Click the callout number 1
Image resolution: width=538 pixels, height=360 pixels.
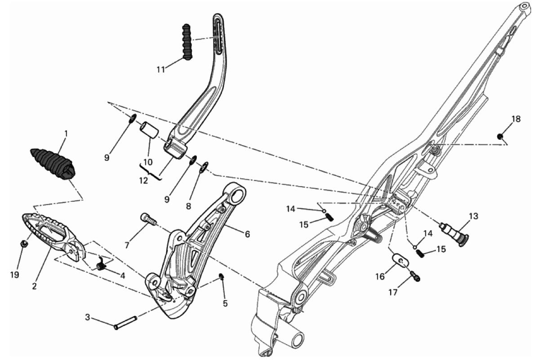click(66, 133)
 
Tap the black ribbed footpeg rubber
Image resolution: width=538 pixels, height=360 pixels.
click(53, 164)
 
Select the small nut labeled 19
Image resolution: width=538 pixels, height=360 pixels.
click(24, 244)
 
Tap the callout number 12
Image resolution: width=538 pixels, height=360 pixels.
click(144, 180)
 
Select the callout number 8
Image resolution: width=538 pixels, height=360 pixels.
click(188, 206)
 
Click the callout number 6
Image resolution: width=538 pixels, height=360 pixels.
click(247, 234)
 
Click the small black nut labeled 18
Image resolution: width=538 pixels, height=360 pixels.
click(500, 137)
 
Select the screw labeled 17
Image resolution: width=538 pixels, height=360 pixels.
click(415, 275)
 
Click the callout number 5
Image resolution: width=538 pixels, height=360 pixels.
click(225, 303)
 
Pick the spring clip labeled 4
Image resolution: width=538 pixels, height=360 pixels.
click(101, 265)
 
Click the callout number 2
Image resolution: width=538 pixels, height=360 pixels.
click(34, 286)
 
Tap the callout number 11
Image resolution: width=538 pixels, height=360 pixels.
click(161, 69)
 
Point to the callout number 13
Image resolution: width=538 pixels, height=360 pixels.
click(473, 216)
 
